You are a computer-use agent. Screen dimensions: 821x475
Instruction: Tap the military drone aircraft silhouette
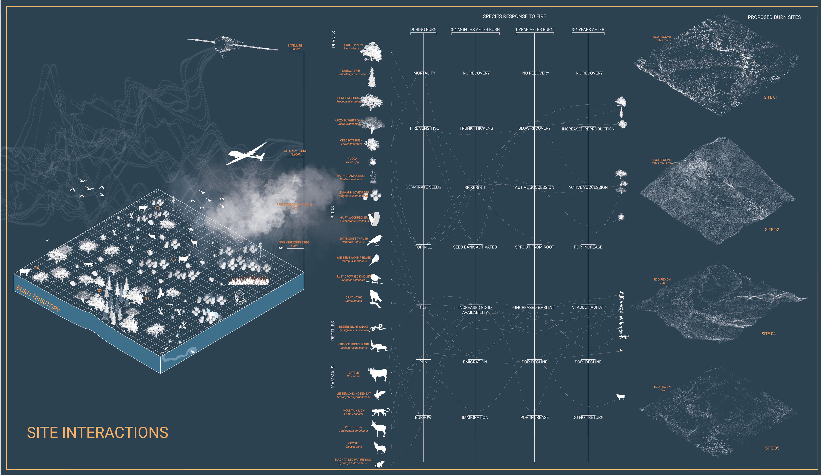(246, 154)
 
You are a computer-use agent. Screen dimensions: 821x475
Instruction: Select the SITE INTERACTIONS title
(97, 433)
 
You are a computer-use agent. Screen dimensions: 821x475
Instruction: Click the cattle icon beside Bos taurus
(378, 375)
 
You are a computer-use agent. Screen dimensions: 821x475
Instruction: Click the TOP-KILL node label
(423, 247)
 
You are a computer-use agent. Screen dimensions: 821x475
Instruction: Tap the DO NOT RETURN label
(588, 417)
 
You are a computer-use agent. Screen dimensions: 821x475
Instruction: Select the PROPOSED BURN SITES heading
(774, 17)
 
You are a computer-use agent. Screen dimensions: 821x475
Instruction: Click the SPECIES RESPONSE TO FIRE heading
(514, 16)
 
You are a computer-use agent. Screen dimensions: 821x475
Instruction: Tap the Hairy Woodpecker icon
(375, 219)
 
